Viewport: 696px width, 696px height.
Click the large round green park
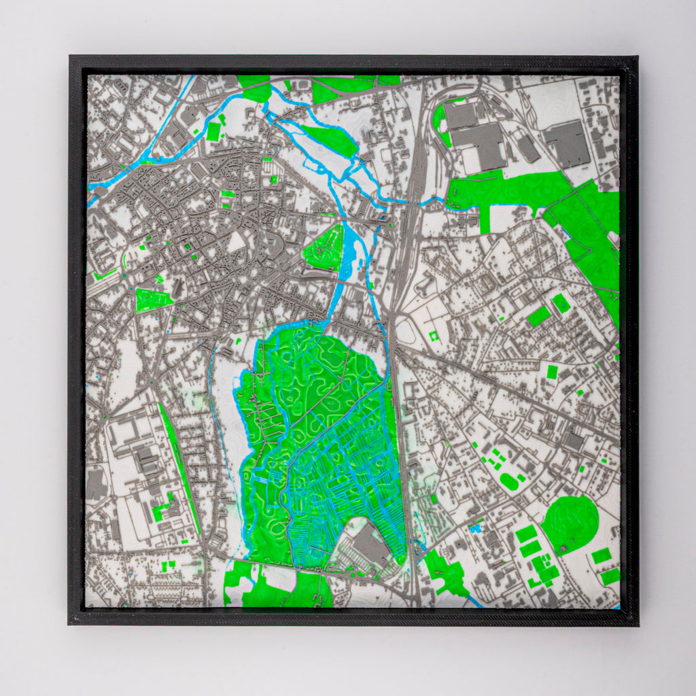(570, 524)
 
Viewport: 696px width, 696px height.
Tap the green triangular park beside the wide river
(325, 249)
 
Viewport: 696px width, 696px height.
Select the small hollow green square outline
(434, 336)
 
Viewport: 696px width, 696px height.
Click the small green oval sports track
(508, 481)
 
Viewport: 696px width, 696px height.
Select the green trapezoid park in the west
(152, 300)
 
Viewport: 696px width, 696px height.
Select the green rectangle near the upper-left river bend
(213, 132)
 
